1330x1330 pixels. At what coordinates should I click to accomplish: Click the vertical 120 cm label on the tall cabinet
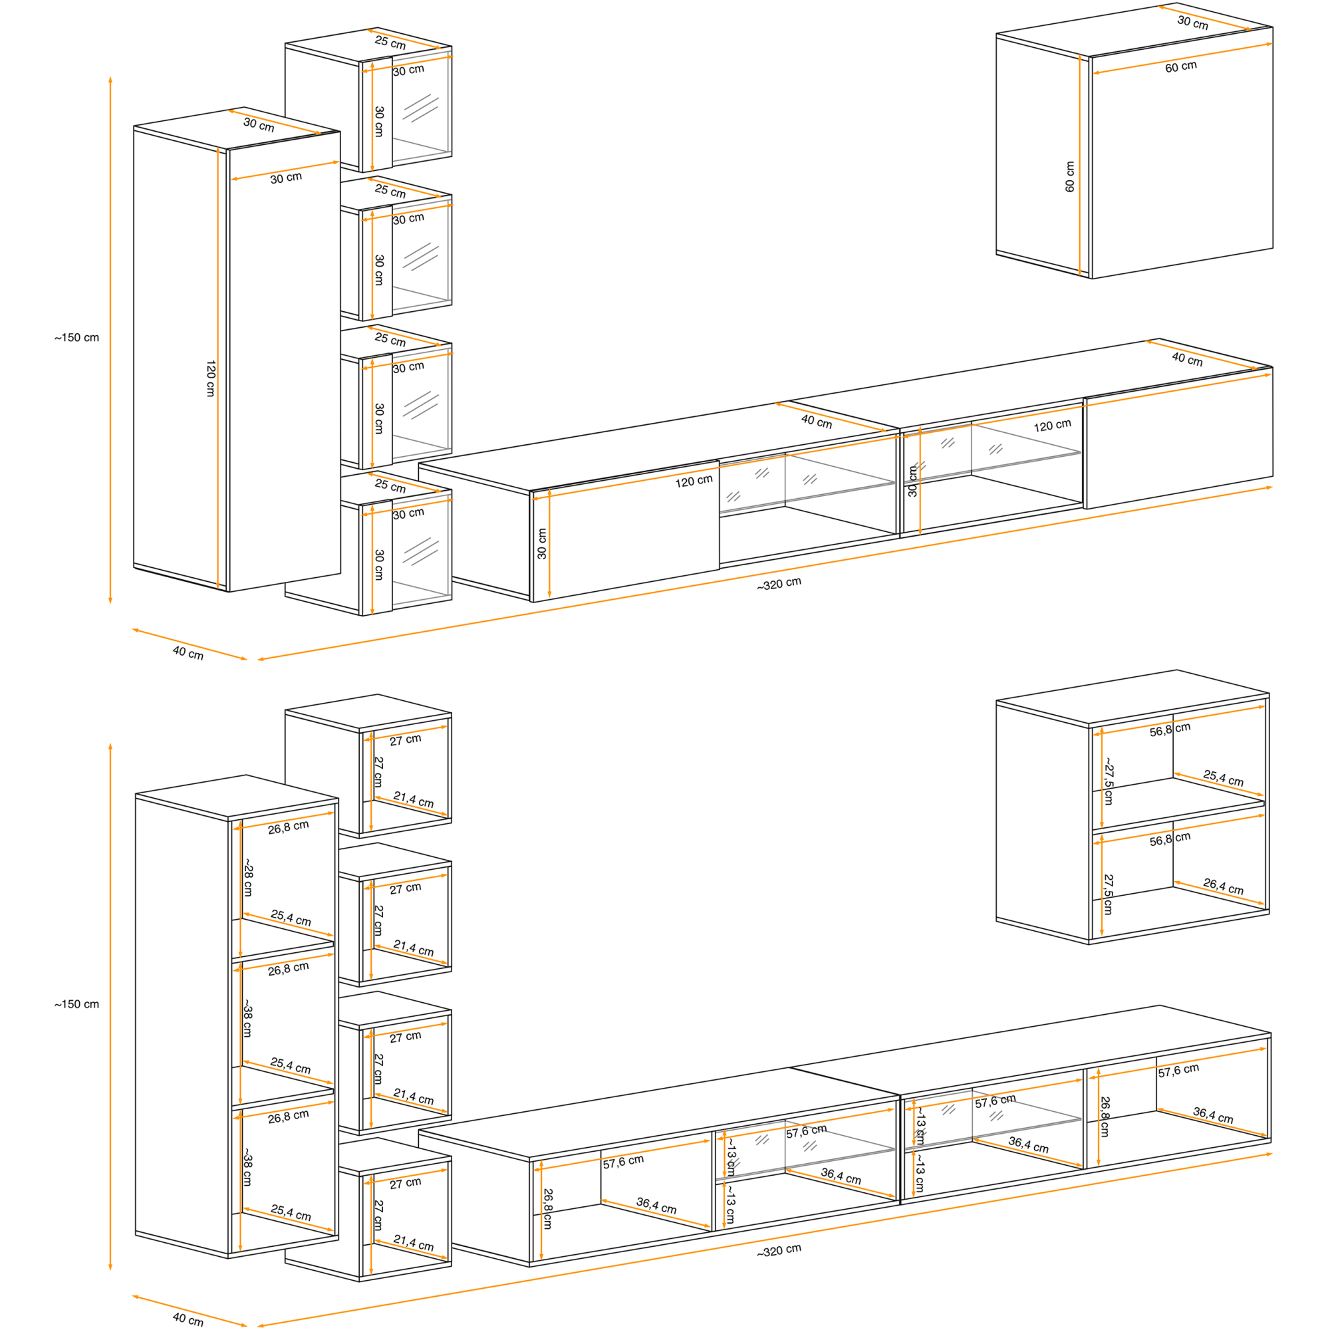click(211, 378)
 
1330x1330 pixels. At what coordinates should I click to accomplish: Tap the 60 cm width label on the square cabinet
click(1180, 66)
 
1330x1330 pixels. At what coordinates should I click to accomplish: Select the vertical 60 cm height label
click(1069, 177)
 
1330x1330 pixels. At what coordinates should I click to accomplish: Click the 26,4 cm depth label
click(1224, 886)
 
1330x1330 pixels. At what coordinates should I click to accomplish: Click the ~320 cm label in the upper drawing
click(779, 584)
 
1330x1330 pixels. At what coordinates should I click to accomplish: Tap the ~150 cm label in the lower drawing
click(76, 1004)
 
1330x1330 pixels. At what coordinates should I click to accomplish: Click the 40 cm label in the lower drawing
click(188, 1319)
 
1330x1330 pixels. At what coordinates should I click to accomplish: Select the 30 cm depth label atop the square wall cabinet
click(1192, 22)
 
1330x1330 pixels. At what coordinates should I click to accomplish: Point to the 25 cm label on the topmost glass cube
click(390, 43)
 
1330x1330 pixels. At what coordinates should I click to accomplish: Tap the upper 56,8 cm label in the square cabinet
click(1170, 730)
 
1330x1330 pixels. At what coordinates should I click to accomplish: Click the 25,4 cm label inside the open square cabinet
click(1224, 778)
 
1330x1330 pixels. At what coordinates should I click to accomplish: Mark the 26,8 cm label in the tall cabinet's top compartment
click(289, 827)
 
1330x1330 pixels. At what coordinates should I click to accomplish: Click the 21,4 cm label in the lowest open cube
click(414, 1243)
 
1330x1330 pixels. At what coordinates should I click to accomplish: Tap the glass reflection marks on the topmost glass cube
click(421, 109)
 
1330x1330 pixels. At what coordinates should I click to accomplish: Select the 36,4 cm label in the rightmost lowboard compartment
click(1213, 1115)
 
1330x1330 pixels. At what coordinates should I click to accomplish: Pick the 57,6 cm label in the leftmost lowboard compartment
click(624, 1161)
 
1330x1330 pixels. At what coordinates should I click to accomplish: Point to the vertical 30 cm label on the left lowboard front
click(542, 543)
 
